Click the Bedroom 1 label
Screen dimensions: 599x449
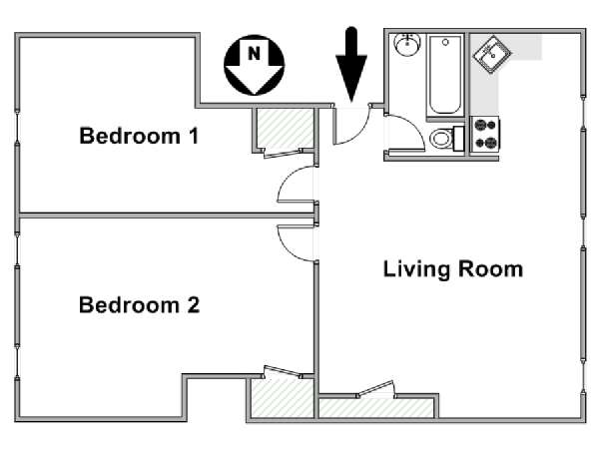(x=139, y=136)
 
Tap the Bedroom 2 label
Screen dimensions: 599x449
(x=139, y=304)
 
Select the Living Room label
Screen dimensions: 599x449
(x=453, y=269)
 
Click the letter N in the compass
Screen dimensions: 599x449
(x=254, y=53)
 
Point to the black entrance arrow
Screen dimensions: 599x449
(x=351, y=64)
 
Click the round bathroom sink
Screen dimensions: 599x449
(x=407, y=44)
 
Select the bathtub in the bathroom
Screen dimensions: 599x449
(x=445, y=75)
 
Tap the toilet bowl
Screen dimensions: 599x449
(x=441, y=138)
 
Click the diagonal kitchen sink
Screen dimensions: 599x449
(x=492, y=54)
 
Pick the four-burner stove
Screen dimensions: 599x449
(x=485, y=134)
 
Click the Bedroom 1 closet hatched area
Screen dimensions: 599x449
(x=286, y=129)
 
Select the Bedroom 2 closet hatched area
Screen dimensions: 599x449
(x=283, y=397)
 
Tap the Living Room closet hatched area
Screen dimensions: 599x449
(x=376, y=408)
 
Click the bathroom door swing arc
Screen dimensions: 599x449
(x=415, y=126)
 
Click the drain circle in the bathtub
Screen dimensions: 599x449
(x=445, y=42)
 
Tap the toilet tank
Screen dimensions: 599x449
(x=458, y=139)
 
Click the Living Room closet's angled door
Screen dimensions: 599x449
(x=374, y=388)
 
